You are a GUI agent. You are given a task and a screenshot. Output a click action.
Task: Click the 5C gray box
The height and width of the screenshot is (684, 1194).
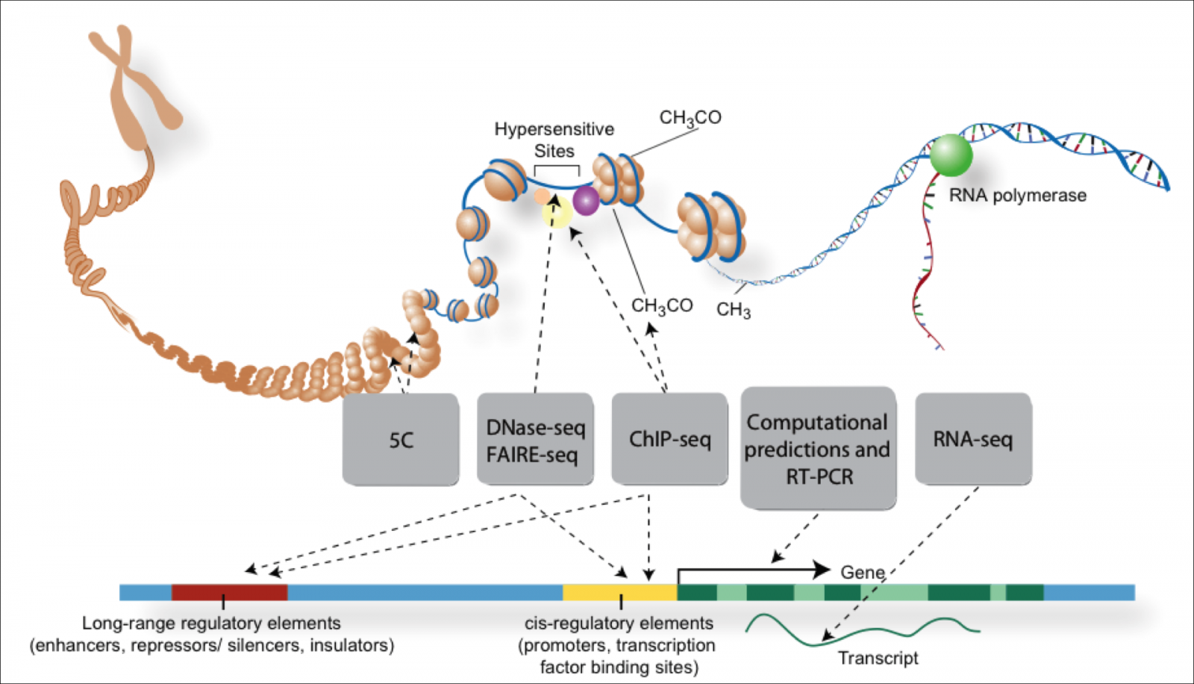point(401,440)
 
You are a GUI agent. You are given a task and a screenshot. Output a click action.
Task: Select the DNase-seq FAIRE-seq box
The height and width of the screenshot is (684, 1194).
point(535,440)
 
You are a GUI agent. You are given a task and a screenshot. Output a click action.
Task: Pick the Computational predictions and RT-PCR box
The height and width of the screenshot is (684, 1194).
point(818,449)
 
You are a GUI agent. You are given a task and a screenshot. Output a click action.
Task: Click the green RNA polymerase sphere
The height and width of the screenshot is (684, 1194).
point(951,155)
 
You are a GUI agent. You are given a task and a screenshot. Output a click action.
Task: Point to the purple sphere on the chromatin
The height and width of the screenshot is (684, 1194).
point(586,201)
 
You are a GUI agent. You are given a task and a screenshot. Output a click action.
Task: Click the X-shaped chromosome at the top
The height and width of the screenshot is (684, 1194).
point(134,82)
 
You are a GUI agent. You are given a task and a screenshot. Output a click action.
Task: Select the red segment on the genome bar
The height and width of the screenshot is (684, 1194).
point(229,592)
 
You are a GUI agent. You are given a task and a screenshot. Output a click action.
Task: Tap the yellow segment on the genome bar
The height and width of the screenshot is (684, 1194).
point(619,592)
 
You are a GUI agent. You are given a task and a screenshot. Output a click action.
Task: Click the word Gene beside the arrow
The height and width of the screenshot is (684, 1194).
point(863,572)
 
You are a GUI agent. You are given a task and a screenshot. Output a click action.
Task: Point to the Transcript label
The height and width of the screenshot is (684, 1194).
point(878,658)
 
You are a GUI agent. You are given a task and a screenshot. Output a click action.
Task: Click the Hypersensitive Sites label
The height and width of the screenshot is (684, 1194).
point(554,140)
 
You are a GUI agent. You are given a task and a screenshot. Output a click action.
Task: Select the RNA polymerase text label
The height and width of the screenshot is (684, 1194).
point(1017,196)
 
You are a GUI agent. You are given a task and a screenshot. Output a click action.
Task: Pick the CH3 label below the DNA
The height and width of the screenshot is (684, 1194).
point(734,310)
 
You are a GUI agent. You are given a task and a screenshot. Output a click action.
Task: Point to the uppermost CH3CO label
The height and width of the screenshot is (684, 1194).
point(690,118)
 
